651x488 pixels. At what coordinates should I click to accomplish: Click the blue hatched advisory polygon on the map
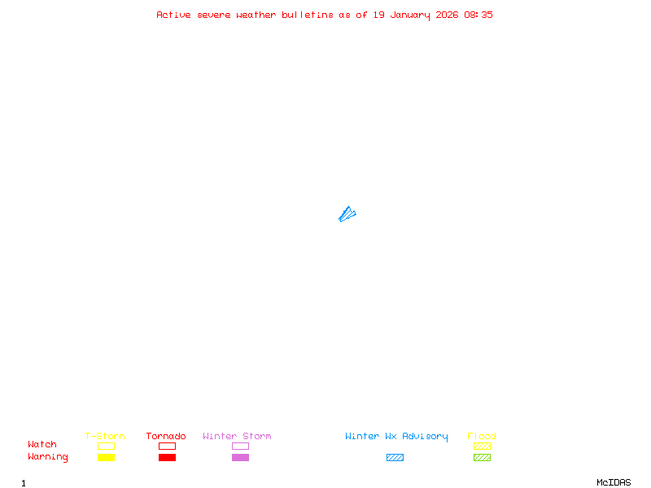pos(347,215)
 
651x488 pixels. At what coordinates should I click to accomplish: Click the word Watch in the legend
pos(42,445)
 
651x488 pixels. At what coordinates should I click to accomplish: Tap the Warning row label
pos(48,457)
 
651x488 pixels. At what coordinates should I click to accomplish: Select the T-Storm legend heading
pos(105,437)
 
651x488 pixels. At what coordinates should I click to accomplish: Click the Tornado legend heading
pos(166,437)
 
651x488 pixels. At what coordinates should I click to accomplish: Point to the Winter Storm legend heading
pos(237,437)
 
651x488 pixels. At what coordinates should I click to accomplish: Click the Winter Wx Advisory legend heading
pos(396,437)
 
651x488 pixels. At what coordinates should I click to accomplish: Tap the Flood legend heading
pos(482,437)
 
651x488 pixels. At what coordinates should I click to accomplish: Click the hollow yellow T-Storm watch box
pos(106,446)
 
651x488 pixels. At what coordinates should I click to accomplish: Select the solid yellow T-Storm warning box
pos(106,457)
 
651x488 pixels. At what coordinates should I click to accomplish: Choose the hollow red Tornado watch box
pos(167,446)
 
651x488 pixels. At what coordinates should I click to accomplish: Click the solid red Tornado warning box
pos(167,457)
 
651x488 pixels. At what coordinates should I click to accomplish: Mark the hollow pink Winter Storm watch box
pos(240,446)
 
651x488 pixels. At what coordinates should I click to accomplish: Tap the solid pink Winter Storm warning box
pos(240,457)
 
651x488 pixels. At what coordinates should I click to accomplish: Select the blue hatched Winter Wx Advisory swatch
pos(395,457)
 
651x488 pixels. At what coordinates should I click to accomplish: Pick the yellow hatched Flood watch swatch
pos(482,446)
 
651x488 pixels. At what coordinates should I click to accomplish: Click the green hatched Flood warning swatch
pos(482,457)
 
